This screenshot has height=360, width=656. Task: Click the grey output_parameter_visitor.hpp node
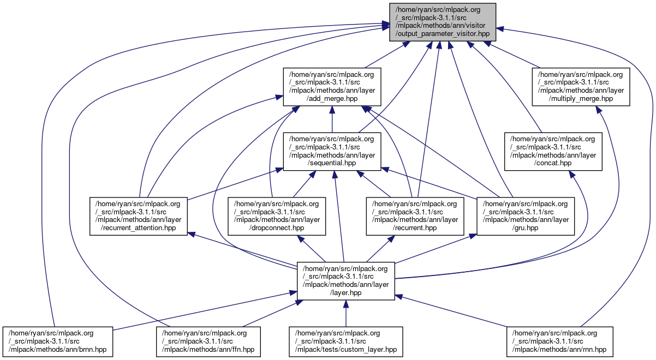tap(443, 22)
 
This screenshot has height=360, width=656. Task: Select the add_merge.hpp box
tap(331, 86)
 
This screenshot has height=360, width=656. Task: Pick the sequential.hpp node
tap(331, 151)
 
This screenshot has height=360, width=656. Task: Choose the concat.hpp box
tap(553, 151)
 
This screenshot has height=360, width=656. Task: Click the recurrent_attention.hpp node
tap(139, 216)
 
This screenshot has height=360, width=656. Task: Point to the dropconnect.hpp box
tap(277, 216)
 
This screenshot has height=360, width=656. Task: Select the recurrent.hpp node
tap(415, 216)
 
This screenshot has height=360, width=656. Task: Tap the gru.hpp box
tap(526, 216)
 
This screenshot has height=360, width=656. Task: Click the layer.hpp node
tap(345, 280)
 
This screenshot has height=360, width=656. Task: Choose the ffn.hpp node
tap(209, 341)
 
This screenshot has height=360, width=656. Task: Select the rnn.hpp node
tap(560, 341)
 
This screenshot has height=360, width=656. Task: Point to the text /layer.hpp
tap(345, 292)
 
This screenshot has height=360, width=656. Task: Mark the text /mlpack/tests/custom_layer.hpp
tap(346, 349)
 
